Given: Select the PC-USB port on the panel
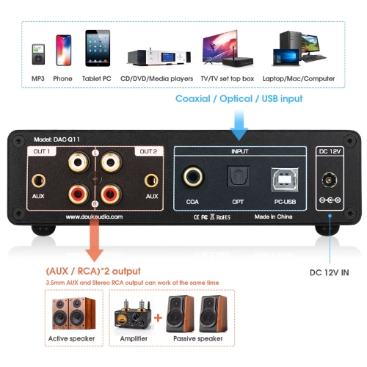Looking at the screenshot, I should pyautogui.click(x=283, y=177).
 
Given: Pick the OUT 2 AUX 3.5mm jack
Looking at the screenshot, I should pyautogui.click(x=152, y=179).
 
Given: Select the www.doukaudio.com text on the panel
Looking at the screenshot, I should pyautogui.click(x=94, y=217).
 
